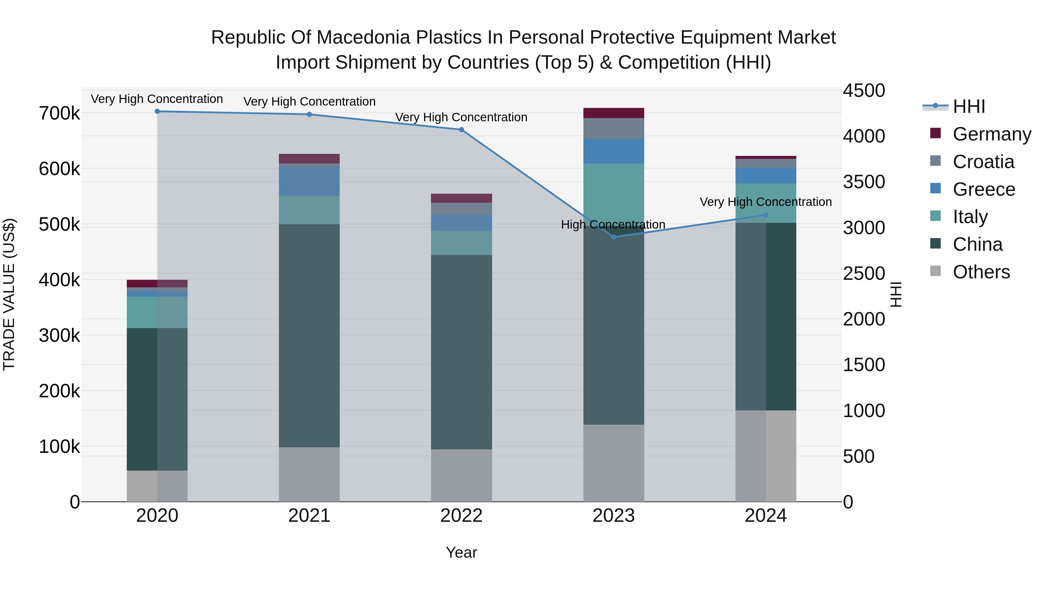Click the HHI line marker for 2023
[614, 237]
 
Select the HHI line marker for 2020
[157, 111]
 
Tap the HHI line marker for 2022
[461, 130]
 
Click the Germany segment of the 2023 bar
[614, 113]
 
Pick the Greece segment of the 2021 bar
[309, 181]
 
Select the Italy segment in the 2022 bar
[461, 243]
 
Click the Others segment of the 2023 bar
[614, 463]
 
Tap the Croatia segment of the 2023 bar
[614, 129]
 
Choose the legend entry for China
[977, 244]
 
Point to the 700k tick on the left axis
[59, 113]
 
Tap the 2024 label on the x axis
[765, 516]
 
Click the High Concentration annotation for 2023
[613, 224]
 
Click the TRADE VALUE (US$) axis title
[9, 294]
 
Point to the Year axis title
[461, 552]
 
